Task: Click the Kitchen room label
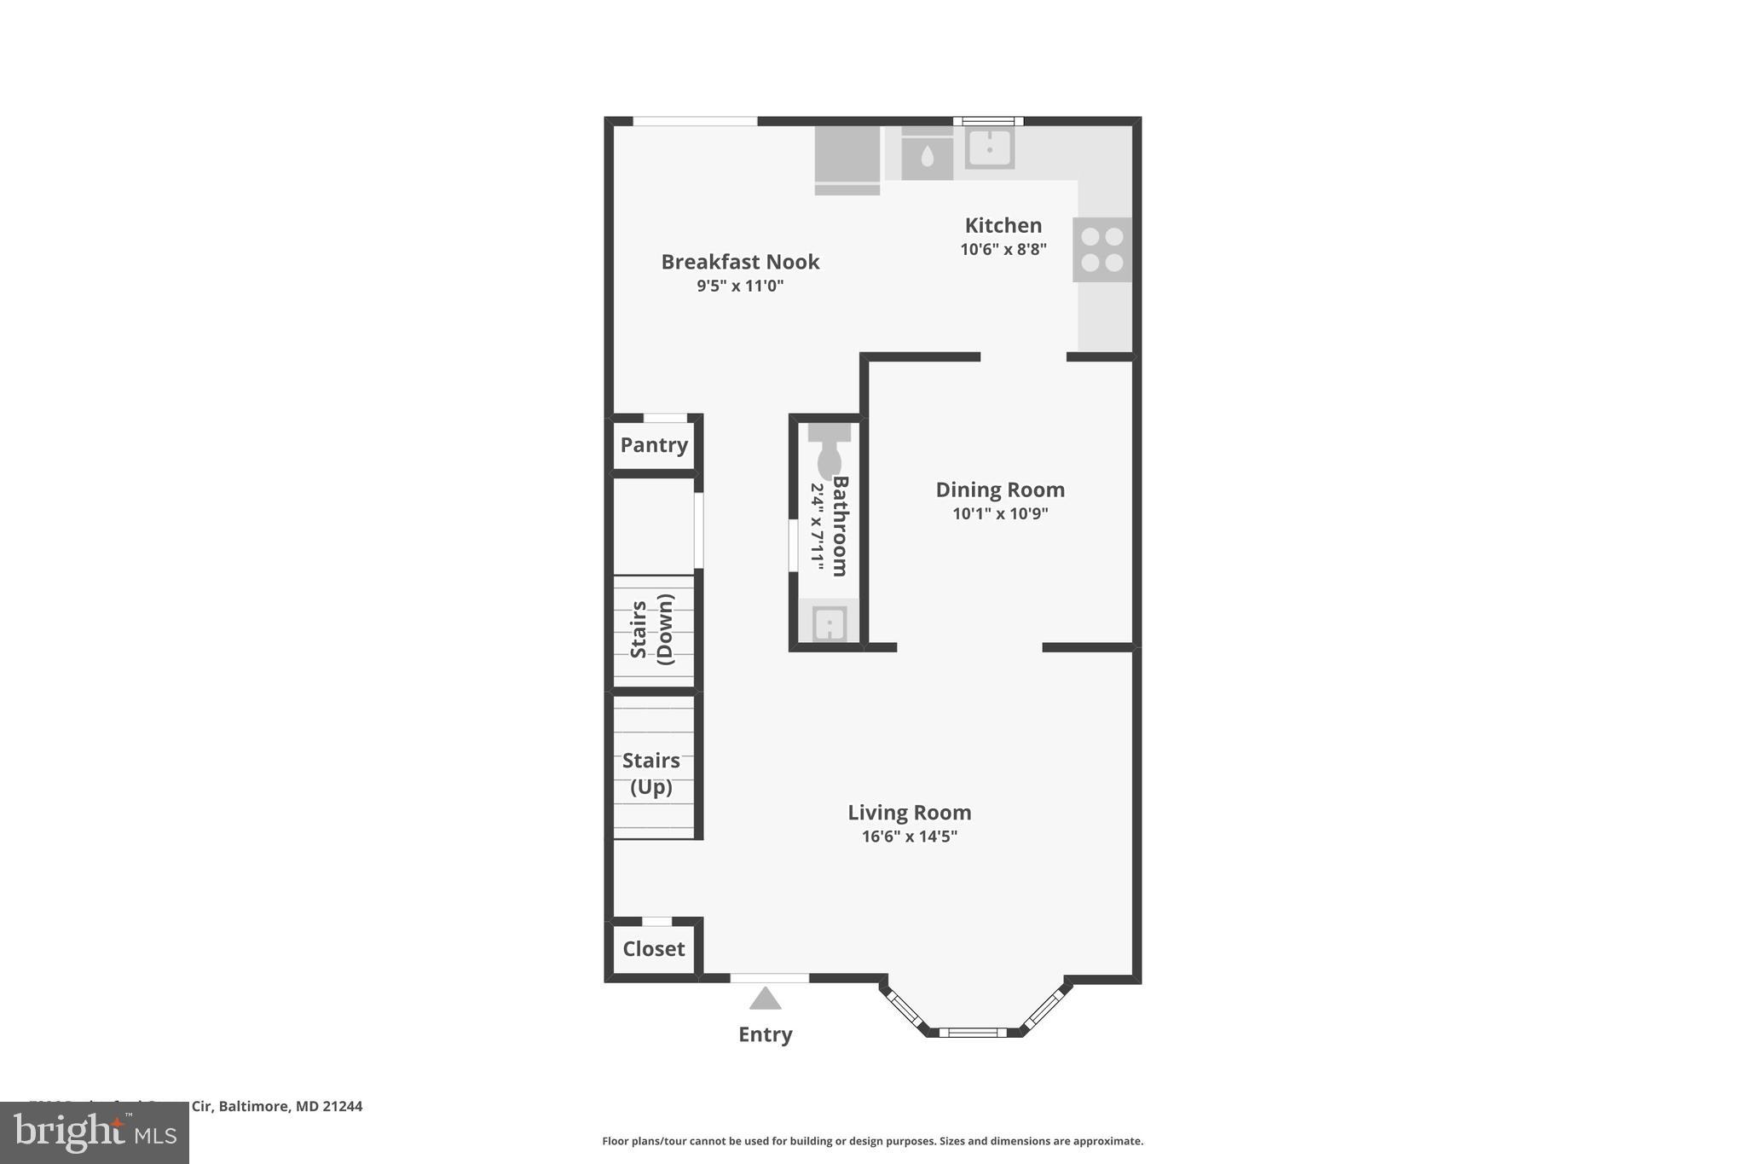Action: coord(1003,225)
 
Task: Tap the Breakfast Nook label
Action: coord(740,262)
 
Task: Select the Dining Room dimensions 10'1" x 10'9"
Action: coord(1000,513)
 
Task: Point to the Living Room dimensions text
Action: coord(909,837)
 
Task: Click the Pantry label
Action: coord(654,444)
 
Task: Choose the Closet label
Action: coord(654,948)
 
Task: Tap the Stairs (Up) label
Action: coord(651,773)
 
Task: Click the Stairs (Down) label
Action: coord(653,629)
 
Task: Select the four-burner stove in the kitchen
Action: coord(1102,250)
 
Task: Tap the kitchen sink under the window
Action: coord(990,148)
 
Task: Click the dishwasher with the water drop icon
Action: coord(927,155)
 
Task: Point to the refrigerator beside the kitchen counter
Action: coord(847,160)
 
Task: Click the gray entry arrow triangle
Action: coord(766,998)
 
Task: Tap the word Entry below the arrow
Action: coord(766,1034)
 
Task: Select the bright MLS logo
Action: coord(95,1132)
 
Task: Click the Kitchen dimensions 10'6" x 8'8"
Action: coord(1003,250)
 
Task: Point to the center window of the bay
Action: coord(973,1033)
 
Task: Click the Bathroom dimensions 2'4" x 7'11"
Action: coord(817,527)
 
